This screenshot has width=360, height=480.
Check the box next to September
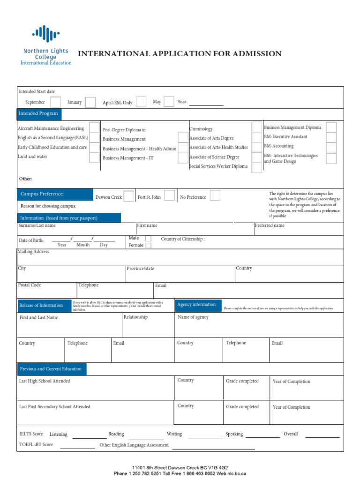pos(55,102)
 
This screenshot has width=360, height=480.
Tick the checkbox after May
pos(169,102)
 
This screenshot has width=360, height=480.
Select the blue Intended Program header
pos(38,113)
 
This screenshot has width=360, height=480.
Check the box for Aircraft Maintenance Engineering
pos(94,128)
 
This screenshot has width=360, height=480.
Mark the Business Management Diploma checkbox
pos(331,127)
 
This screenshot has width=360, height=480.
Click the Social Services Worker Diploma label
pos(218,166)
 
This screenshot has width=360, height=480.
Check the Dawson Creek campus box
pos(129,196)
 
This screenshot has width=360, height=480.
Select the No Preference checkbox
pos(215,196)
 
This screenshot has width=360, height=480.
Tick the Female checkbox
pos(148,246)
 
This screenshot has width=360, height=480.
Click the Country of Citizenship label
pos(183,239)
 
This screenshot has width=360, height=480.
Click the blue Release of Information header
pos(41,305)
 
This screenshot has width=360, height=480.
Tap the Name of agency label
pos(193,317)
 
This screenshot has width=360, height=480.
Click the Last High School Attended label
pos(45,381)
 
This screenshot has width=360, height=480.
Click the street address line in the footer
pos(180,468)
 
